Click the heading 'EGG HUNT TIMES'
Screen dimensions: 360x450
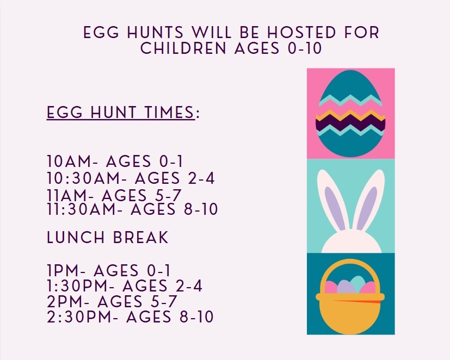(x=121, y=113)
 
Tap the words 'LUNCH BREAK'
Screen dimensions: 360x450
(x=108, y=238)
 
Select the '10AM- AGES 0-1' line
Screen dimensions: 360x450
(x=115, y=162)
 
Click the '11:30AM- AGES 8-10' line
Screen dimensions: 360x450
(x=132, y=209)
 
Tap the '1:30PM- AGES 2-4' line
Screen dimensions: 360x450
(x=125, y=286)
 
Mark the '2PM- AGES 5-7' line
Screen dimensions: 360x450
(x=113, y=301)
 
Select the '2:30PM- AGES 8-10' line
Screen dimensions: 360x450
(x=130, y=316)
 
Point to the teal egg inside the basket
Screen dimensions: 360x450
(x=357, y=283)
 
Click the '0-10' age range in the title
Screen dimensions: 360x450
(x=304, y=48)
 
